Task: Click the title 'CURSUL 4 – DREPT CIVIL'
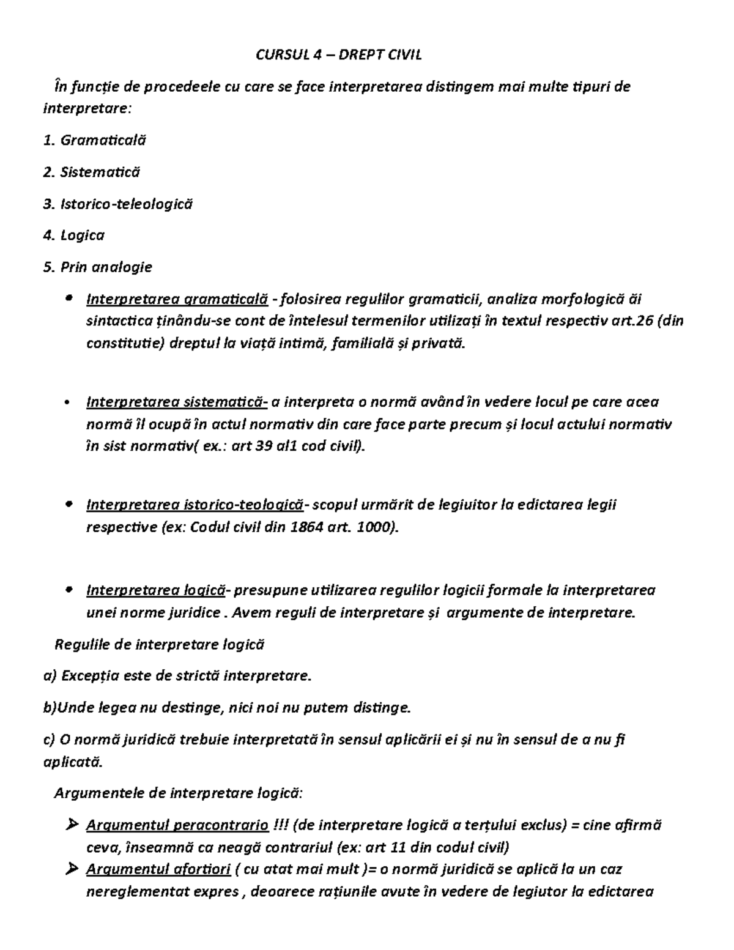click(x=338, y=55)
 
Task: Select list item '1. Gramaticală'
click(x=95, y=140)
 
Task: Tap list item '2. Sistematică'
click(x=92, y=172)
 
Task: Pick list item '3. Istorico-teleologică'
click(x=118, y=204)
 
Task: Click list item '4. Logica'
click(x=74, y=236)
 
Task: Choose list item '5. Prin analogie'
click(x=98, y=267)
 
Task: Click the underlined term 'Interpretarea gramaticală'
click(x=177, y=299)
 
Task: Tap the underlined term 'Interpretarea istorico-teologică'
click(x=195, y=505)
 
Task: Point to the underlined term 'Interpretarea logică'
click(x=156, y=590)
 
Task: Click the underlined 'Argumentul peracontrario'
click(x=177, y=825)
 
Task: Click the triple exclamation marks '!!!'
click(x=281, y=825)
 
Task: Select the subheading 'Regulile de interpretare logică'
click(x=160, y=644)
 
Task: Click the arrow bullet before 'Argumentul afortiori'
click(x=71, y=869)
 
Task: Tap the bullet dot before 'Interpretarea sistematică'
click(x=67, y=403)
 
